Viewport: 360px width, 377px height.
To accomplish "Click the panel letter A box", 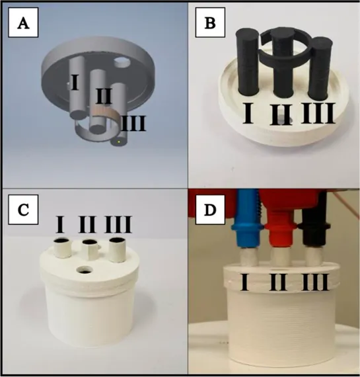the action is point(23,22).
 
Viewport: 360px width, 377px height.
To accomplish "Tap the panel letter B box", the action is point(210,22).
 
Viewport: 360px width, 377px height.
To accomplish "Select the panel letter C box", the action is point(23,210).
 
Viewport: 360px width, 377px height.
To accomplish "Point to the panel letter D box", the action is point(210,210).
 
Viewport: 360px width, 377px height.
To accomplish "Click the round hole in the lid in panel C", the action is point(85,270).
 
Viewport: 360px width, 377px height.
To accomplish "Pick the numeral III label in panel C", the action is point(118,224).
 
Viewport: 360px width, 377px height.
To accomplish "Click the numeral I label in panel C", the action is point(60,224).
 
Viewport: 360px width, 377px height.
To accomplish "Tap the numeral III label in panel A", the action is point(133,124).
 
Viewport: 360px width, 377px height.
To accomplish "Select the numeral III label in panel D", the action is point(315,282).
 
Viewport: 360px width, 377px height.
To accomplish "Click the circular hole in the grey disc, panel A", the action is point(122,63).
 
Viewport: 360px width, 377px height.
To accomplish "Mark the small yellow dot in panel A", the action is point(119,142).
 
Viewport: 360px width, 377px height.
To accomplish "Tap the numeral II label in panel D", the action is point(278,282).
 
